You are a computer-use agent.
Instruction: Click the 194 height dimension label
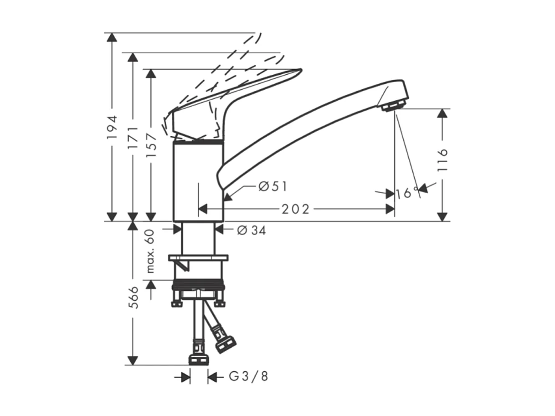(x=112, y=128)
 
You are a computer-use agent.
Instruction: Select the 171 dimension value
(x=133, y=137)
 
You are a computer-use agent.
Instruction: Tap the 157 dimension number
(x=152, y=145)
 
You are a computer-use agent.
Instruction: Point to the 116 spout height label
(x=442, y=160)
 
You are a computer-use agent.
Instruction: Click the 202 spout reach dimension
(x=295, y=209)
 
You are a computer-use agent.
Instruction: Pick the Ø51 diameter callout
(x=273, y=186)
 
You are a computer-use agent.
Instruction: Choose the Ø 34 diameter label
(x=251, y=231)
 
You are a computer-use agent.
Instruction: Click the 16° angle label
(x=407, y=193)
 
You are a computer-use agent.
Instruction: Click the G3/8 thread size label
(x=248, y=377)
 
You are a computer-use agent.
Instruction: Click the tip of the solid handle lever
(x=298, y=71)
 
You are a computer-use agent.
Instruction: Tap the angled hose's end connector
(x=225, y=344)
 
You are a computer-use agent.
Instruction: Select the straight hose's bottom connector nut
(x=199, y=360)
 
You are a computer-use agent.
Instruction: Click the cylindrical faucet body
(x=198, y=182)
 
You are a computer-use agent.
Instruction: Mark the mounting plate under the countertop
(x=198, y=258)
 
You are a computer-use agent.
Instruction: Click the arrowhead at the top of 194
(x=111, y=37)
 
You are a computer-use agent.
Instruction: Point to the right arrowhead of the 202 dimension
(x=391, y=209)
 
